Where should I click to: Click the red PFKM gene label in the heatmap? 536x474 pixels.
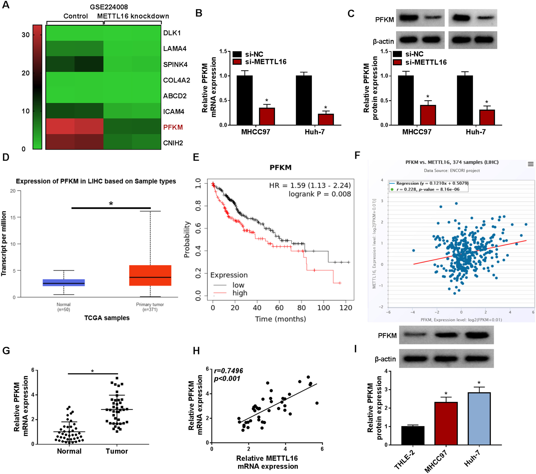(x=173, y=127)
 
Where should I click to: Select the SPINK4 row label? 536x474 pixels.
(x=175, y=64)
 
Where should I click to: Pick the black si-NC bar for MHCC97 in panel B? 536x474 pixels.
(x=244, y=100)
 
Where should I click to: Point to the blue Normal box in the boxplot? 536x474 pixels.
(x=64, y=283)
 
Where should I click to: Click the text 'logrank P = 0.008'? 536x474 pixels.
(x=320, y=194)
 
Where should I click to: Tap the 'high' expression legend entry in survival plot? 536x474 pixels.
(x=240, y=293)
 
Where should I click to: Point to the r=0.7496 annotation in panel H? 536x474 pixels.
(x=228, y=371)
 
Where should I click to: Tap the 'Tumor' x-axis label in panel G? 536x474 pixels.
(x=117, y=451)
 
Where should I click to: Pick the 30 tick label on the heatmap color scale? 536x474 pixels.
(x=25, y=35)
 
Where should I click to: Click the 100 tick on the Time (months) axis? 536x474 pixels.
(x=324, y=308)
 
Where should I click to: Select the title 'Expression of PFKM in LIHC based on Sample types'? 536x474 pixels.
(x=96, y=181)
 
